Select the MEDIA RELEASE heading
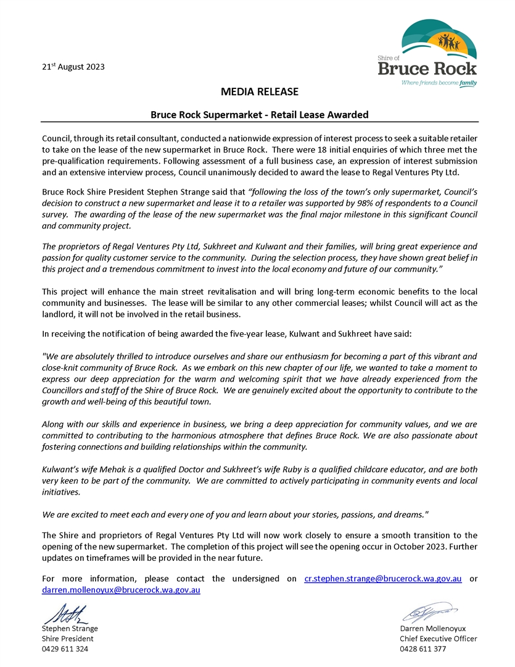[259, 92]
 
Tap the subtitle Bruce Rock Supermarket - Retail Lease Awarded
[260, 114]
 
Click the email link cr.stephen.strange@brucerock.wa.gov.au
[383, 579]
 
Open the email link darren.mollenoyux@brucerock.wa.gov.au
[121, 590]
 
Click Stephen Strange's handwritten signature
[65, 615]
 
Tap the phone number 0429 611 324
[65, 649]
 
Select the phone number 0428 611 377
[422, 649]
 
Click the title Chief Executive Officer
[438, 639]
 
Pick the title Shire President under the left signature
[68, 639]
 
